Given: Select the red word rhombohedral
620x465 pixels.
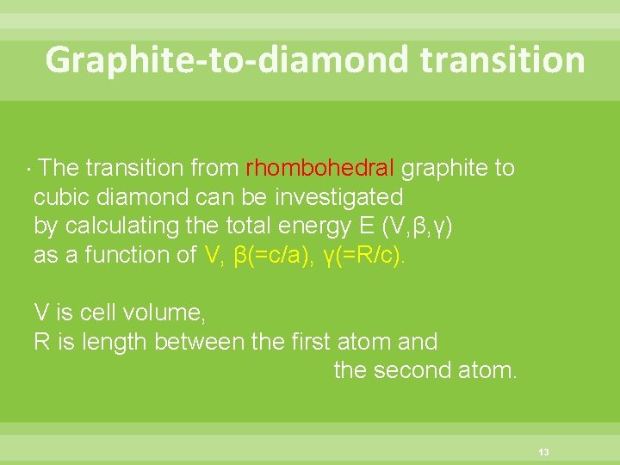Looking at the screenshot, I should (x=320, y=167).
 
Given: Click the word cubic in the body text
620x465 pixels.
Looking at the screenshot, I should (x=63, y=196).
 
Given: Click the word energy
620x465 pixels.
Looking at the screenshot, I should (x=317, y=226).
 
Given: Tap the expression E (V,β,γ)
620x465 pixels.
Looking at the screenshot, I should (x=401, y=226).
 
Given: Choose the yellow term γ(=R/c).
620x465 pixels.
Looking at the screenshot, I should (x=363, y=255).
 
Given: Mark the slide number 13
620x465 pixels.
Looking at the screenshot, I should (x=543, y=452).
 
